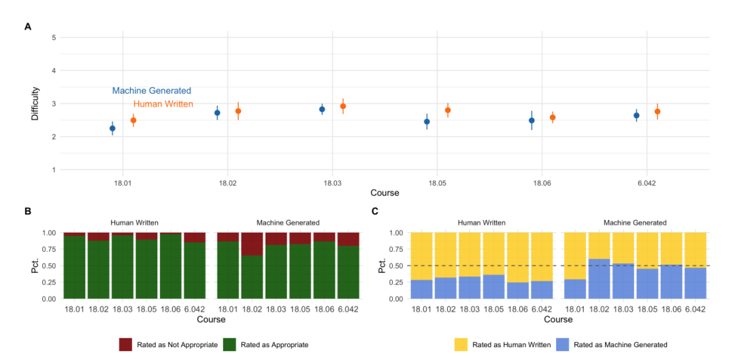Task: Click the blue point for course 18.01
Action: (112, 128)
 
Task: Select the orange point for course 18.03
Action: (342, 106)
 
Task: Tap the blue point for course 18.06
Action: (532, 120)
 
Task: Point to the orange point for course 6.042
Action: (657, 112)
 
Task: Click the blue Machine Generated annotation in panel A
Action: (151, 91)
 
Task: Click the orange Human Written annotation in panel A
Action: (163, 104)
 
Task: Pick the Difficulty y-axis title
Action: (35, 103)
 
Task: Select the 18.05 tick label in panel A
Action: (437, 180)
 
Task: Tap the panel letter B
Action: (28, 212)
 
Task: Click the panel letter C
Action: (374, 212)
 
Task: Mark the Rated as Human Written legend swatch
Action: (461, 345)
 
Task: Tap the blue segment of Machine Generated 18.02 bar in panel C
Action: (598, 278)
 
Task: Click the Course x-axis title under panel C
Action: (558, 320)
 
